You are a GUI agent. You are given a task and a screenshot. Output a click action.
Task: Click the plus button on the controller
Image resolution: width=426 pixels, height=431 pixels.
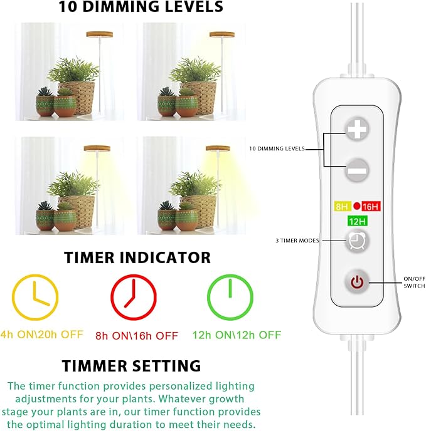click(x=356, y=130)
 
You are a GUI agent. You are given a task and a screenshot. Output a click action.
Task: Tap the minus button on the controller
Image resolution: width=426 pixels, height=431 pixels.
click(x=356, y=169)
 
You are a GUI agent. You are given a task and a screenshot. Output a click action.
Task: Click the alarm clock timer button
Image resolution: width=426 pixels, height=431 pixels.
click(x=356, y=241)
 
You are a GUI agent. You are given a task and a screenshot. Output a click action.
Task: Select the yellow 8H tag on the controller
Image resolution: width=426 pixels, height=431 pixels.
click(x=341, y=206)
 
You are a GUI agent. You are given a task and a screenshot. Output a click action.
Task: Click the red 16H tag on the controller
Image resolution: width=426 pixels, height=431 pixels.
click(x=371, y=206)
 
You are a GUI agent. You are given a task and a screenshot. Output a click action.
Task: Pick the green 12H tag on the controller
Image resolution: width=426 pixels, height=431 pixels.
click(x=356, y=221)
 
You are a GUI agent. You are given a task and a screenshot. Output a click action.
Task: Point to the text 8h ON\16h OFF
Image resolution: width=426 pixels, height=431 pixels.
click(x=137, y=335)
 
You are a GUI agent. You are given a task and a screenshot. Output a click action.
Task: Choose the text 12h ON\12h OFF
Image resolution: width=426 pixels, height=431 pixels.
click(x=237, y=335)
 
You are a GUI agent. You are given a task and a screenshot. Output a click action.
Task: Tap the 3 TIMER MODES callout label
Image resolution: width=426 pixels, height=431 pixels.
click(x=297, y=241)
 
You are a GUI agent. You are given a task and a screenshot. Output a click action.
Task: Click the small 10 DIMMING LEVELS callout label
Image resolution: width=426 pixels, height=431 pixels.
click(x=277, y=149)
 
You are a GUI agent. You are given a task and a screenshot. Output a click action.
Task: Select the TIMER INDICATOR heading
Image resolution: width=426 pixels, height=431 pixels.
click(x=137, y=257)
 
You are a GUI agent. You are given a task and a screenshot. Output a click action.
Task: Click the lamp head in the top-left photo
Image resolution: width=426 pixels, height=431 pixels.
click(x=97, y=33)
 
